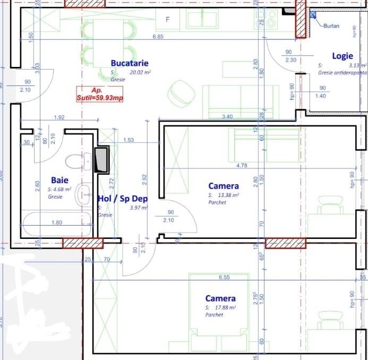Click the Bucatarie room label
(130, 63)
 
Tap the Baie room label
(59, 181)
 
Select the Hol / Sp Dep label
(123, 199)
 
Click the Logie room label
(343, 56)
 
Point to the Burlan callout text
(331, 25)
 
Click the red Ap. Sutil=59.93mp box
(100, 94)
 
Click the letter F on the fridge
(168, 20)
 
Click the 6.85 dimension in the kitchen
(158, 37)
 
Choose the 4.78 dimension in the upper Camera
(242, 166)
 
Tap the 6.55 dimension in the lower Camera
(223, 277)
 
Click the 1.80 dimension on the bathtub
(57, 223)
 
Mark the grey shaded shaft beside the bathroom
(101, 159)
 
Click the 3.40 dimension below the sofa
(227, 116)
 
